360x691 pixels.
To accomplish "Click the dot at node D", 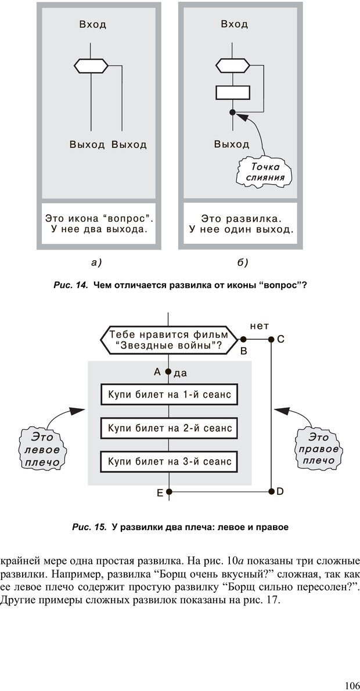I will pyautogui.click(x=271, y=491).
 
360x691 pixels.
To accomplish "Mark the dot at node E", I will pyautogui.click(x=169, y=491).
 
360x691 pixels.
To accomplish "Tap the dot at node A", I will pyautogui.click(x=169, y=372).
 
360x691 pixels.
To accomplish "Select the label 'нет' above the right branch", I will pyautogui.click(x=259, y=326).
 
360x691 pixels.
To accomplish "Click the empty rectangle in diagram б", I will pyautogui.click(x=232, y=92).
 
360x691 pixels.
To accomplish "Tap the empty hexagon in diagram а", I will pyautogui.click(x=92, y=66).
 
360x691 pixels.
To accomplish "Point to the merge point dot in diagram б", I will pyautogui.click(x=232, y=112).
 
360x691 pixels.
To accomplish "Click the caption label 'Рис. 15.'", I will pyautogui.click(x=89, y=527).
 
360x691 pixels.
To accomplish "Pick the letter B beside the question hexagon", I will pyautogui.click(x=244, y=351).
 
